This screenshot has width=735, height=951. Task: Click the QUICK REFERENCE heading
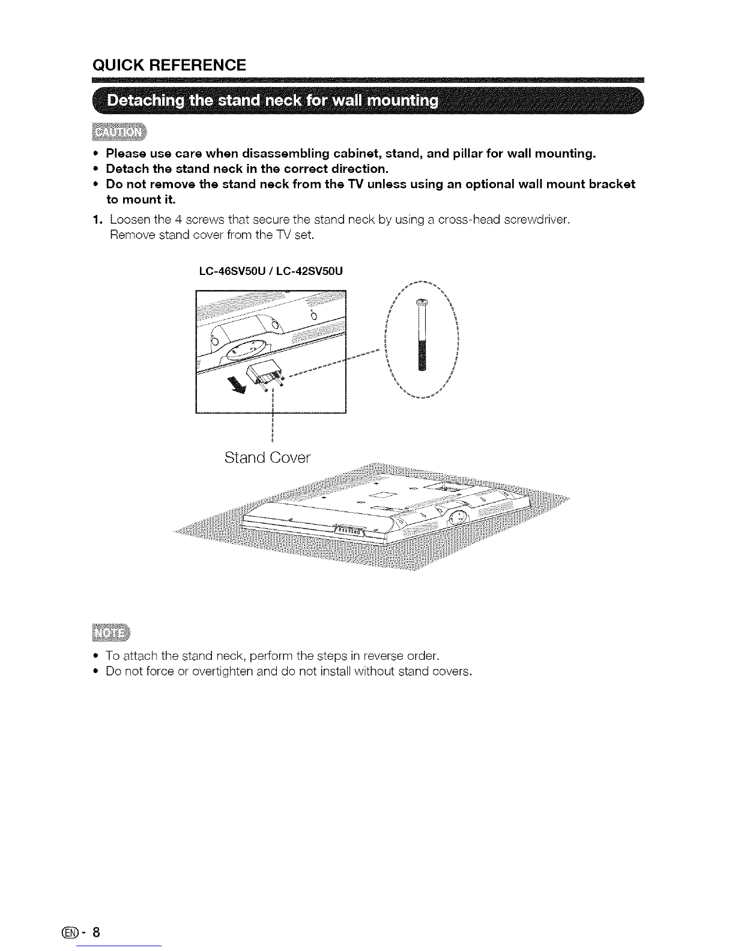pyautogui.click(x=169, y=65)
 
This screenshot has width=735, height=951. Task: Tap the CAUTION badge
pyautogui.click(x=119, y=132)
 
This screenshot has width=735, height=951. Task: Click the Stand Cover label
pyautogui.click(x=267, y=457)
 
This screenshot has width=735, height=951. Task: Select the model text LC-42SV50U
pyautogui.click(x=309, y=271)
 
